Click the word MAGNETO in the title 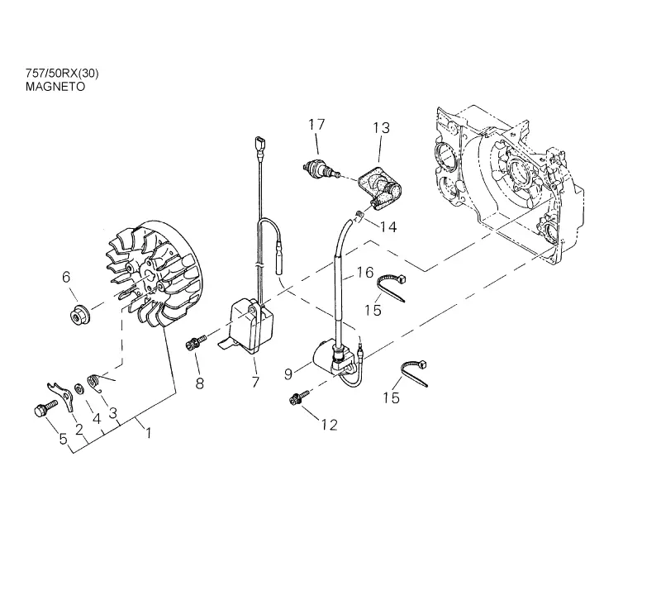(55, 87)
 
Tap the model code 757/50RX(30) (62, 74)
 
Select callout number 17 (316, 125)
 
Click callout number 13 (381, 128)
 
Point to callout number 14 (388, 227)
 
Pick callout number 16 (365, 273)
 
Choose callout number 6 (66, 277)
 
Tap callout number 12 (329, 425)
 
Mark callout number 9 (288, 374)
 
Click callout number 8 (200, 383)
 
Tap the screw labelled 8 (196, 342)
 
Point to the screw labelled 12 (299, 397)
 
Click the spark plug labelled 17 (322, 171)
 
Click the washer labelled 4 (78, 388)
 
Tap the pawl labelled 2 (61, 395)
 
